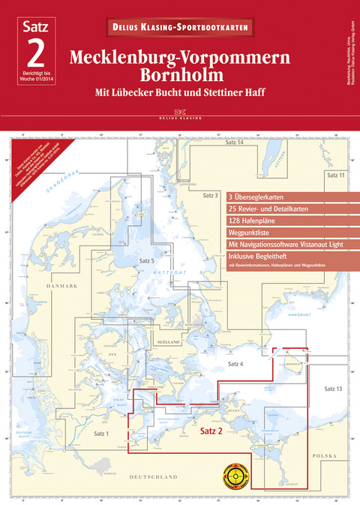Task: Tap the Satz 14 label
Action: point(235,143)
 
